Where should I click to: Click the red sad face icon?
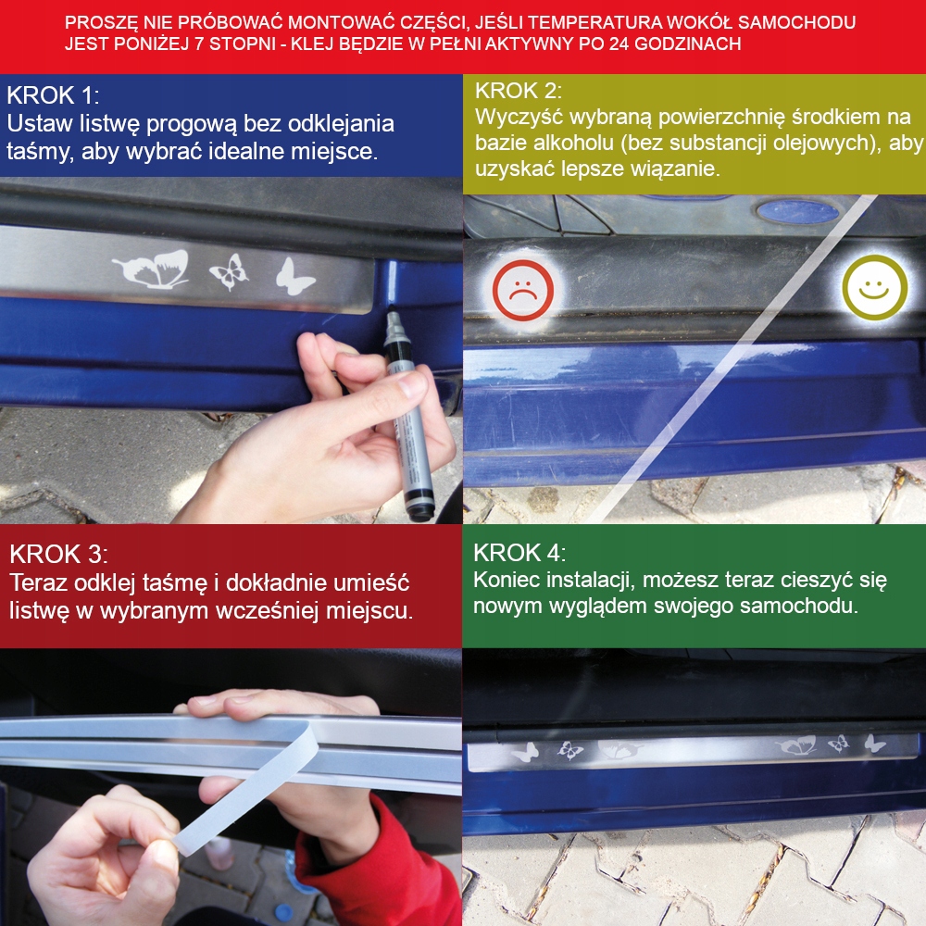(x=522, y=290)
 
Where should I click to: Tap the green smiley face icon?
(x=875, y=288)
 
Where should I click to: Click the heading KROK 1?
(x=53, y=95)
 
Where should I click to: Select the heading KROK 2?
(x=519, y=91)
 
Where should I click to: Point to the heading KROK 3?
(x=58, y=555)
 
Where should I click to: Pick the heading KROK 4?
(x=519, y=553)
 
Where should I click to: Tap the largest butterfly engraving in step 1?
(x=151, y=269)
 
